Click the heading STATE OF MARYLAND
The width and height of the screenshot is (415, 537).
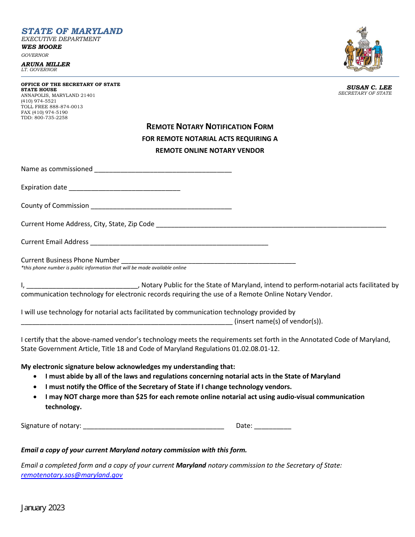pos(72,31)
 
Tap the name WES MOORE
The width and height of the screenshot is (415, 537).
pos(41,47)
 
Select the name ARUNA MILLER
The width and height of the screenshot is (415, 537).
pos(45,64)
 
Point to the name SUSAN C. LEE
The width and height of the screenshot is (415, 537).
pos(369,87)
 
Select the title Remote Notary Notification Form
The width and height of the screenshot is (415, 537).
pos(210,127)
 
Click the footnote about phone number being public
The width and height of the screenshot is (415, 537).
pos(104,268)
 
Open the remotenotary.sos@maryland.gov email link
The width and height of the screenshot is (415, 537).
pos(72,475)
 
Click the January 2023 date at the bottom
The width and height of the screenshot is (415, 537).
pos(43,507)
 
